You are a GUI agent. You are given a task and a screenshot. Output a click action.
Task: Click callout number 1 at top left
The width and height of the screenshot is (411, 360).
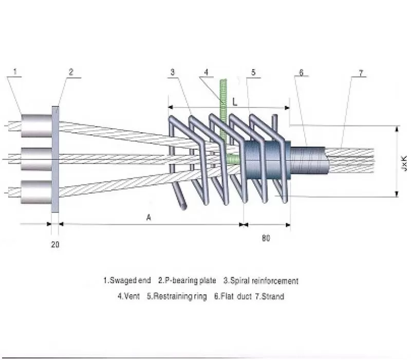[x=15, y=71]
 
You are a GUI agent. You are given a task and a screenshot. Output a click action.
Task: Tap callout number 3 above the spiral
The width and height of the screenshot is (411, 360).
[x=173, y=72]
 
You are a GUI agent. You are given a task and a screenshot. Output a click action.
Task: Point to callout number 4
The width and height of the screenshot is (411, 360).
[x=206, y=72]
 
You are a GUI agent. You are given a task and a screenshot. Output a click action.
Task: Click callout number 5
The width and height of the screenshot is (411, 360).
[x=253, y=72]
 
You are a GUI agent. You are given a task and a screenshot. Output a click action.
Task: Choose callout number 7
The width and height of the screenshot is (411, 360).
[x=361, y=73]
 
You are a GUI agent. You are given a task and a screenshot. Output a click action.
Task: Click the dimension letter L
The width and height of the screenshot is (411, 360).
[x=234, y=102]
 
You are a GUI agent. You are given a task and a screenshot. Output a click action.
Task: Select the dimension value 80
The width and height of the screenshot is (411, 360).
[x=266, y=238]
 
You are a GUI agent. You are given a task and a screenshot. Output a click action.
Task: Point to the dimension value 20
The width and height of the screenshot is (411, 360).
[x=55, y=244]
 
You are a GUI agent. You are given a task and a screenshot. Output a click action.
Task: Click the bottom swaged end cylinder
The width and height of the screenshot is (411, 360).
[x=35, y=191]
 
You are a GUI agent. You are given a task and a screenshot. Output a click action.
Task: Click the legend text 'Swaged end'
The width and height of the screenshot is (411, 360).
[x=130, y=281]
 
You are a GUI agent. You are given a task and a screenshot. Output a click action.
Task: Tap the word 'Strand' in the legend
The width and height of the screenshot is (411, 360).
[x=273, y=296]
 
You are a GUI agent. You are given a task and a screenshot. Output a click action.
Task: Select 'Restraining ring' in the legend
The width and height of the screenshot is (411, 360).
[x=183, y=296]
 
